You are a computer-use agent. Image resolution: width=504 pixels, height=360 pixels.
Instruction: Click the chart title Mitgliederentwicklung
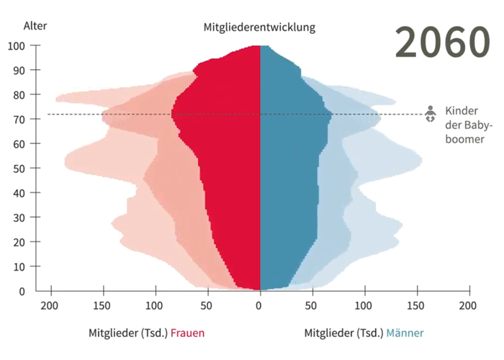(x=259, y=27)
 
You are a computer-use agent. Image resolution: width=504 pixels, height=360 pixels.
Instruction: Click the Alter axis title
(x=35, y=26)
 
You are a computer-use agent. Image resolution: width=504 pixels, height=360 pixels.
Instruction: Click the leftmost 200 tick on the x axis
(x=50, y=306)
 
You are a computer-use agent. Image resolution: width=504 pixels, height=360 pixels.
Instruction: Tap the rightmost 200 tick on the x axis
(x=469, y=306)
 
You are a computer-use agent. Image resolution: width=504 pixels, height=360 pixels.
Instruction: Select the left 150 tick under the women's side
(x=103, y=306)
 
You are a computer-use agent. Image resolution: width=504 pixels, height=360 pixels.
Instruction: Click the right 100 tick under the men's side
(x=364, y=306)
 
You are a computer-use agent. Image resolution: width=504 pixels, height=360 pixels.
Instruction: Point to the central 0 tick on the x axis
(x=260, y=306)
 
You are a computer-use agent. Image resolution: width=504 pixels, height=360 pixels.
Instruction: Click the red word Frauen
(x=187, y=333)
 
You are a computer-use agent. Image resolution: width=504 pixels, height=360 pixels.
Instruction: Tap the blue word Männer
(x=405, y=333)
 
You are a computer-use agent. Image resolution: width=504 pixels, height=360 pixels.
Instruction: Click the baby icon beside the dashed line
(x=431, y=114)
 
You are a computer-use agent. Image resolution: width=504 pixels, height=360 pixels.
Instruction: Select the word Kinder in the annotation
(x=461, y=111)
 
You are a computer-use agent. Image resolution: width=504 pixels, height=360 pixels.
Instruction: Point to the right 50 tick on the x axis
(x=312, y=306)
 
